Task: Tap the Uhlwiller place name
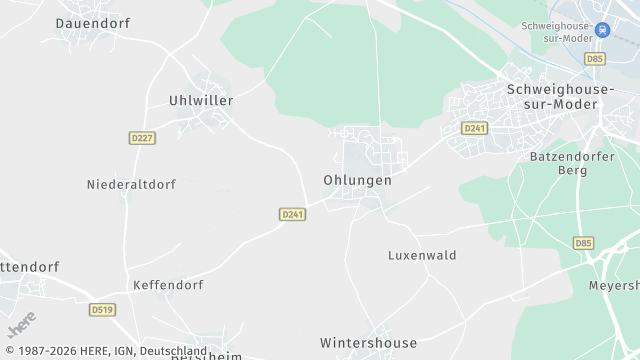(x=200, y=101)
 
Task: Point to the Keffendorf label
(x=169, y=285)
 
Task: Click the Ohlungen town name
(x=357, y=181)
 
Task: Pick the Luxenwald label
(x=422, y=256)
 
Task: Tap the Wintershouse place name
(x=368, y=342)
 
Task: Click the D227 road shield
(x=142, y=138)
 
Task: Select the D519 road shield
(x=102, y=310)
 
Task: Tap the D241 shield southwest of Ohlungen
(x=292, y=214)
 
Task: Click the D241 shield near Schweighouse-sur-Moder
(x=474, y=128)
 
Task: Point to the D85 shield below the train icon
(x=596, y=59)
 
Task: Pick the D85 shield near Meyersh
(x=583, y=243)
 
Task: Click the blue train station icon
(x=602, y=30)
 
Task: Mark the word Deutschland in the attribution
(x=173, y=352)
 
